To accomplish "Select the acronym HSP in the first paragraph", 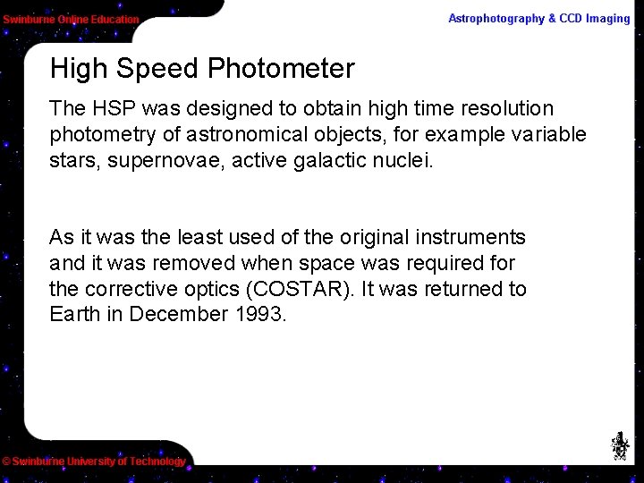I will click(111, 109).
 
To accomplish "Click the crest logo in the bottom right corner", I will click(619, 445).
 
